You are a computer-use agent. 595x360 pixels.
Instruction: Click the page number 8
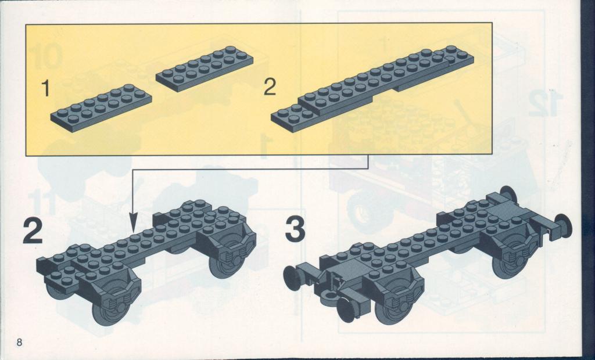coord(19,342)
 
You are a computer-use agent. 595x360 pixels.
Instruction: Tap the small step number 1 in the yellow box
coord(45,88)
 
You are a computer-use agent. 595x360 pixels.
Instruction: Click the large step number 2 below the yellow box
coord(33,231)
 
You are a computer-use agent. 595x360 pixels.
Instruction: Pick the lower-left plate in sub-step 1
coord(101,108)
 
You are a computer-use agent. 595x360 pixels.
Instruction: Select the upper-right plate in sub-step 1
coord(205,69)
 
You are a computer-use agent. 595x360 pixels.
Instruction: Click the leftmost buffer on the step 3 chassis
coord(292,278)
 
